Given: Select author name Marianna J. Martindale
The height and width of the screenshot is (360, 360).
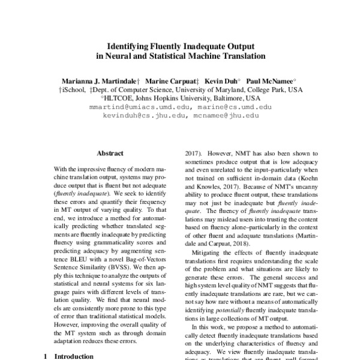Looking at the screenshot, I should pyautogui.click(x=99, y=79).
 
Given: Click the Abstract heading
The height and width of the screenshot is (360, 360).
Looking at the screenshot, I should pyautogui.click(x=110, y=154).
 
